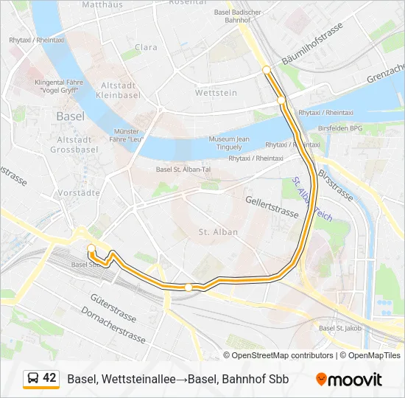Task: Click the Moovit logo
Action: pos(349,380)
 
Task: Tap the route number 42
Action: pos(49,378)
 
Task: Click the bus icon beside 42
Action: pos(33,379)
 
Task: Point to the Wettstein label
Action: pos(216,93)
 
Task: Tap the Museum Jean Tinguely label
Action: pos(229,142)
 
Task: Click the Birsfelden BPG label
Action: pos(340,128)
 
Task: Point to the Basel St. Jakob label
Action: pos(340,328)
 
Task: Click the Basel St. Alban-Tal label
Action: pos(183,169)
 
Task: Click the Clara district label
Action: pos(146,47)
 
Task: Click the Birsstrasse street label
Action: pos(338,181)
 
